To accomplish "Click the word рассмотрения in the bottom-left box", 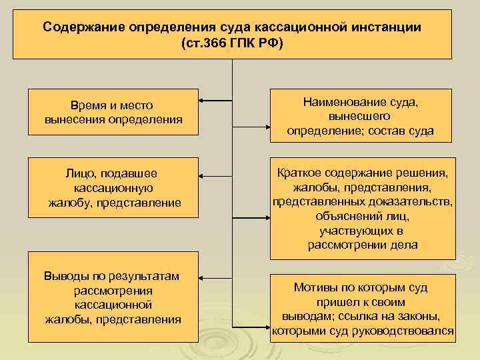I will click(114, 291).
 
